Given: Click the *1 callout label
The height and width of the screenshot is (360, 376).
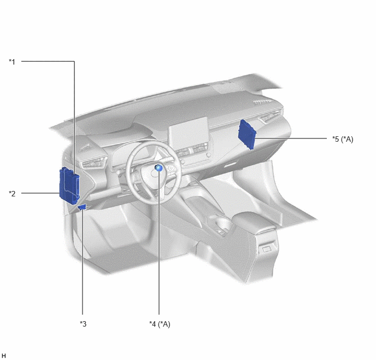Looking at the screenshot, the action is click(12, 62).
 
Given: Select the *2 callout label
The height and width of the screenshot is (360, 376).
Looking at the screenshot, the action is click(12, 194).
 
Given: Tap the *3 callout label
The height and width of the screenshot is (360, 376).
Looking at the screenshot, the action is click(83, 324).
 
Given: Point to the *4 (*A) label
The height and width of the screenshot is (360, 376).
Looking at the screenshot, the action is click(160, 324).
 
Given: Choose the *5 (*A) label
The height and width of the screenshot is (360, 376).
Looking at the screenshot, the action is click(343, 139).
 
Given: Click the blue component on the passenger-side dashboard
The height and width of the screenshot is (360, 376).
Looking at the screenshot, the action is click(247, 135).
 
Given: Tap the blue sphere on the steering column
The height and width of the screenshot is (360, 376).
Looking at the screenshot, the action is click(158, 168).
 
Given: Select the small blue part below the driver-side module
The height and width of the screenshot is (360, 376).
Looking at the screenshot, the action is click(82, 207).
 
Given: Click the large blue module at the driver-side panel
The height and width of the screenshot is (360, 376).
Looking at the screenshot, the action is click(69, 186).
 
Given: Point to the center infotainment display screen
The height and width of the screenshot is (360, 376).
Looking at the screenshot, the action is click(188, 131).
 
